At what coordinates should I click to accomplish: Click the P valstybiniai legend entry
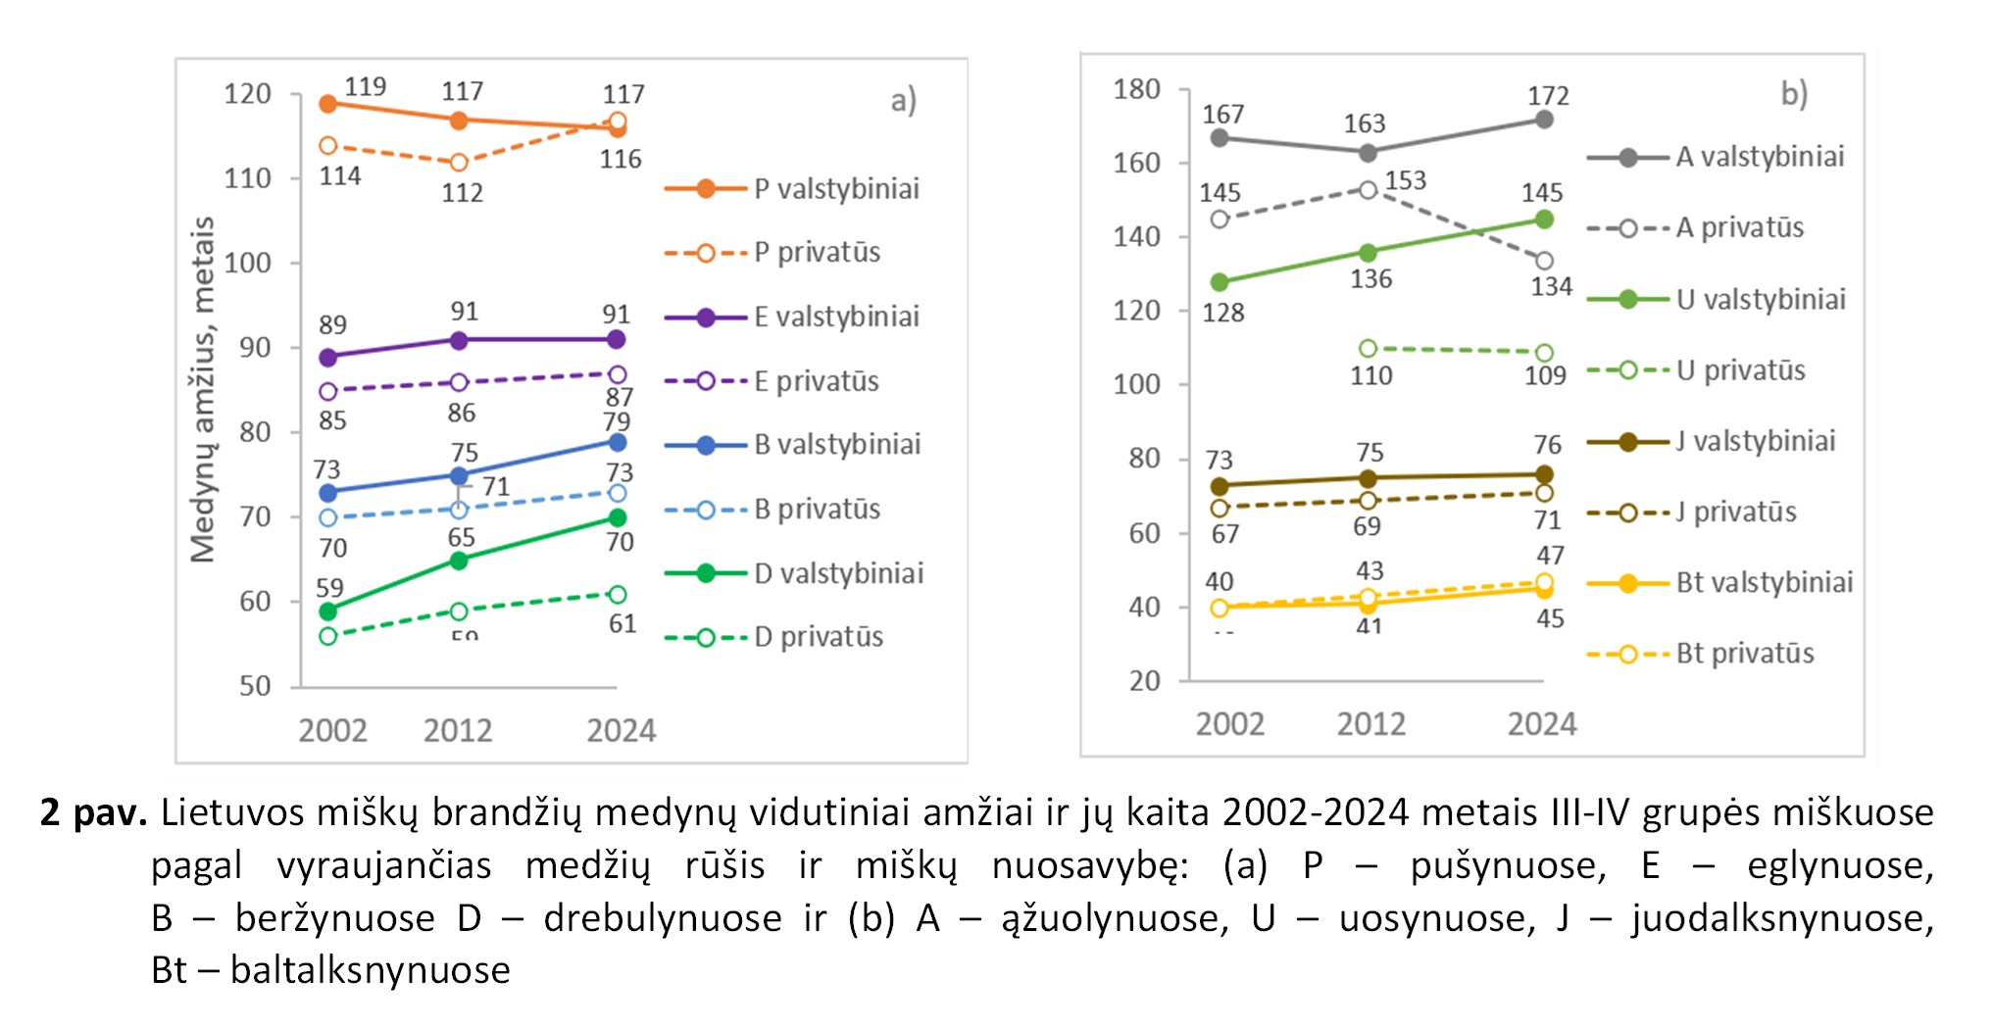792,188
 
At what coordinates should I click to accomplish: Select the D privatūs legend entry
774,637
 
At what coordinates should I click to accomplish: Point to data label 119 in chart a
365,87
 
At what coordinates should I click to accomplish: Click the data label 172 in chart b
1548,96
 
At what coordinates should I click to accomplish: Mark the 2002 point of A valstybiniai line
1220,138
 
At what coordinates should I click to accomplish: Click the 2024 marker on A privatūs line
1544,261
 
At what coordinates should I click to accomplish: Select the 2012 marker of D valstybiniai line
459,561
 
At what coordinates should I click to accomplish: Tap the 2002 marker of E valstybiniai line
328,358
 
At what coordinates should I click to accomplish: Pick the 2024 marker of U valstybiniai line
1544,220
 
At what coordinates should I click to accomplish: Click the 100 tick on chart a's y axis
247,263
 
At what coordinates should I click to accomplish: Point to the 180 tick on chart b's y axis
1137,89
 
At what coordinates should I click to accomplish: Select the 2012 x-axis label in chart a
458,731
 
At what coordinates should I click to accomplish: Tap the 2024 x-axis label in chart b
1542,724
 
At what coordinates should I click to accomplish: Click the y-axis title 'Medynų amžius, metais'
203,389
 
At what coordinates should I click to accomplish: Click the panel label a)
903,100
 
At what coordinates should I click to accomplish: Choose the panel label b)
1794,94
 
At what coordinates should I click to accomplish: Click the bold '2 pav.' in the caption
93,812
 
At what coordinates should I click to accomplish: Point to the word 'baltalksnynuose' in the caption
370,970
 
